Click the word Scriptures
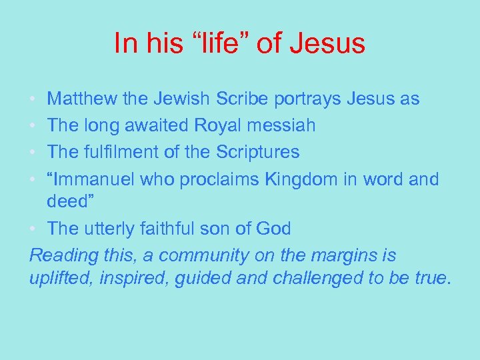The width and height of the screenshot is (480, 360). [x=258, y=152]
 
